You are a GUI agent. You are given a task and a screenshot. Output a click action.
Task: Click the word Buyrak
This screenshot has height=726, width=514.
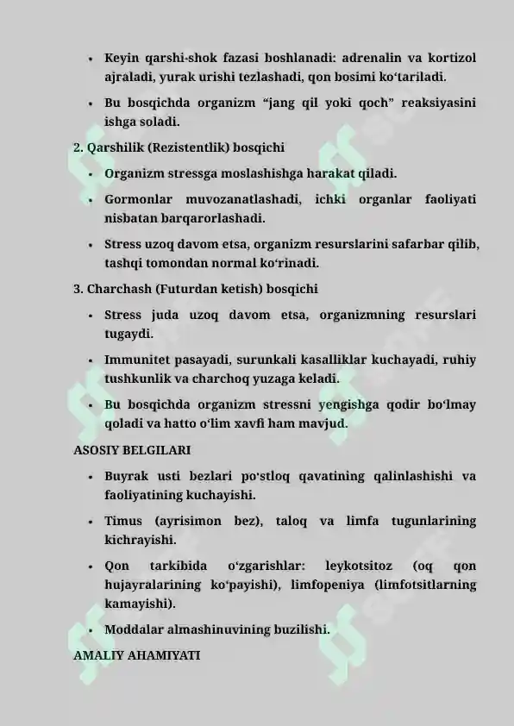point(127,477)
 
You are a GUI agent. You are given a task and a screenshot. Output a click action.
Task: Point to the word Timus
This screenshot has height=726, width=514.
point(123,522)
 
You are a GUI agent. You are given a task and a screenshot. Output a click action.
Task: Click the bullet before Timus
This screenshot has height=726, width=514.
point(90,523)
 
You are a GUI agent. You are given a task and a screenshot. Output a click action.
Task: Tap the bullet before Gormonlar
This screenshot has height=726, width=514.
point(90,201)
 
